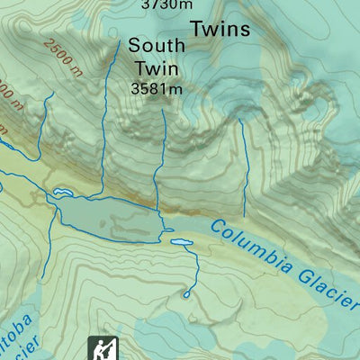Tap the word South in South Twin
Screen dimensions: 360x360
[x=157, y=45]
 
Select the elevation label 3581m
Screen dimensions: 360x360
[x=157, y=88]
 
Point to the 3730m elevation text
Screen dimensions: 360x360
[x=166, y=4]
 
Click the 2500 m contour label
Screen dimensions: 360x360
[x=64, y=53]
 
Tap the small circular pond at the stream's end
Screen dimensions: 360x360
[x=187, y=293]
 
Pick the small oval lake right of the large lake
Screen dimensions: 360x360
[x=180, y=242]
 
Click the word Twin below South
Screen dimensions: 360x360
[x=157, y=67]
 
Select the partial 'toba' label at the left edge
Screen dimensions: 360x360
[x=18, y=326]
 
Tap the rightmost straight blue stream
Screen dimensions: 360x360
[x=244, y=171]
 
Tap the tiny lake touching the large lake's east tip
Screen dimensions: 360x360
[x=167, y=230]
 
